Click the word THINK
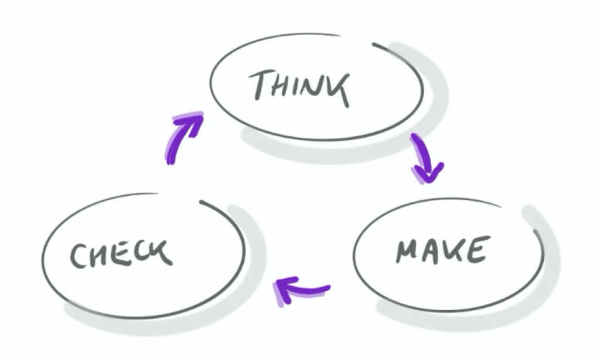(299, 88)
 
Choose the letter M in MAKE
(408, 251)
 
